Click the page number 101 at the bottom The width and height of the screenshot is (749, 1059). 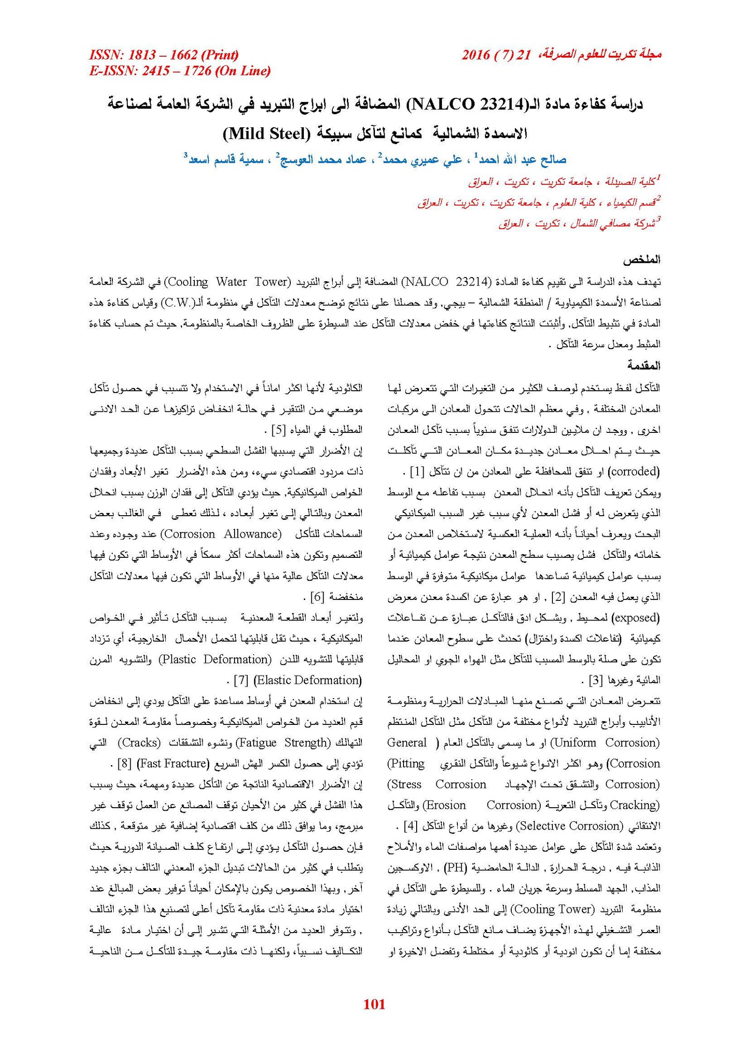(x=374, y=1004)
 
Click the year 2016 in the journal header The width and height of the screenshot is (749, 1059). (x=476, y=55)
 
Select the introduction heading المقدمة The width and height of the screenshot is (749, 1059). (x=644, y=365)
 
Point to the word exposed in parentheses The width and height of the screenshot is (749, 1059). (x=636, y=618)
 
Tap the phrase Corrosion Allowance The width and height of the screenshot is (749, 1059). (x=221, y=534)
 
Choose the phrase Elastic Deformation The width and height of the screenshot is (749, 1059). (x=308, y=680)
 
